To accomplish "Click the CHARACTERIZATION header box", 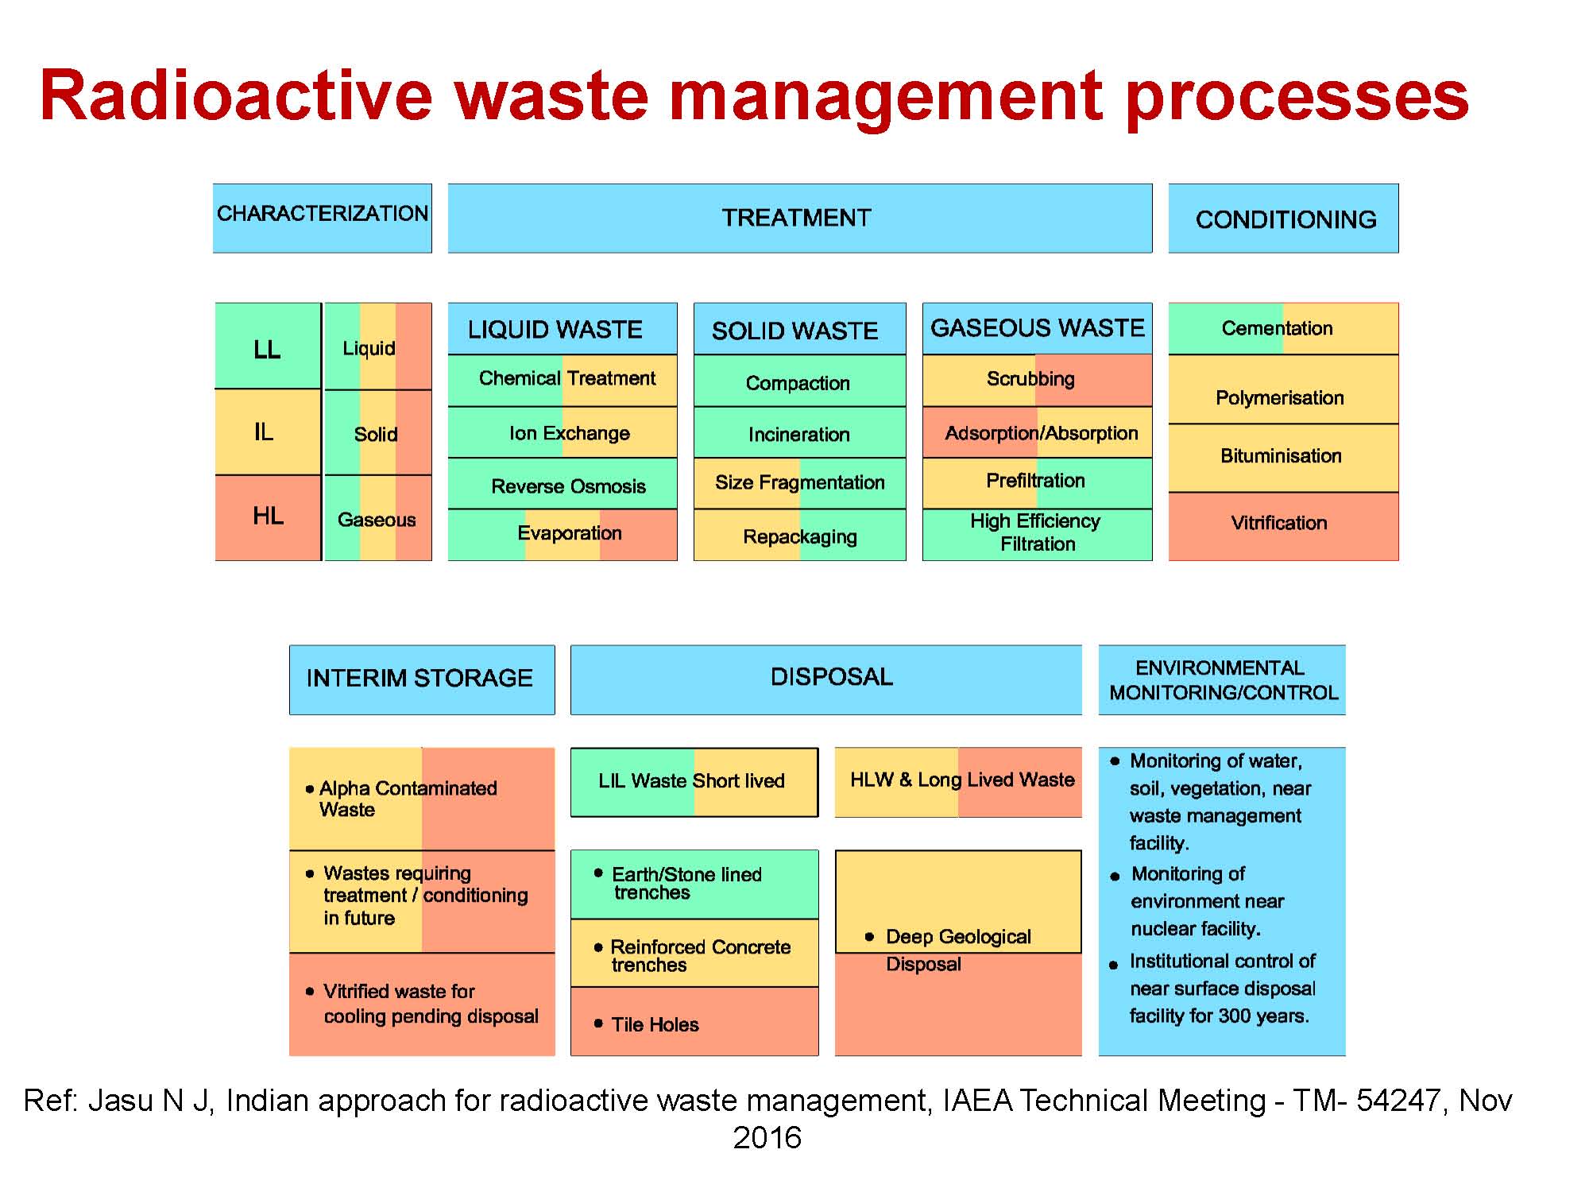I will point(322,218).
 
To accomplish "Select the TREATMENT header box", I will point(799,218).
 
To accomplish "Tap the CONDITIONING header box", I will point(1283,219).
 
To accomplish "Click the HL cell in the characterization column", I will point(268,517).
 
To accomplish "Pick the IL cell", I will point(265,432).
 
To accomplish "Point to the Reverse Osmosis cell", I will point(568,486).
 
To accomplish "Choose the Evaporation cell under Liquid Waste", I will point(569,533).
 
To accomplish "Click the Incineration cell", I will point(798,434).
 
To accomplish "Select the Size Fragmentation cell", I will point(799,482).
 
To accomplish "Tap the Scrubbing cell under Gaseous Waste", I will point(1030,379).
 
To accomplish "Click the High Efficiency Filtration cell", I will point(1036,532).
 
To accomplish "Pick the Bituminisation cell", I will point(1281,456).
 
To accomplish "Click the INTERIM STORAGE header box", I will point(421,679).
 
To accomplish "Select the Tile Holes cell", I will point(655,1024).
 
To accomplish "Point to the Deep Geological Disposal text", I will point(957,950).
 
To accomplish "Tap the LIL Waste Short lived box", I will point(693,781).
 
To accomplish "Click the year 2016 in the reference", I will point(767,1138).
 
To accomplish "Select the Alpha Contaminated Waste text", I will point(407,799).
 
